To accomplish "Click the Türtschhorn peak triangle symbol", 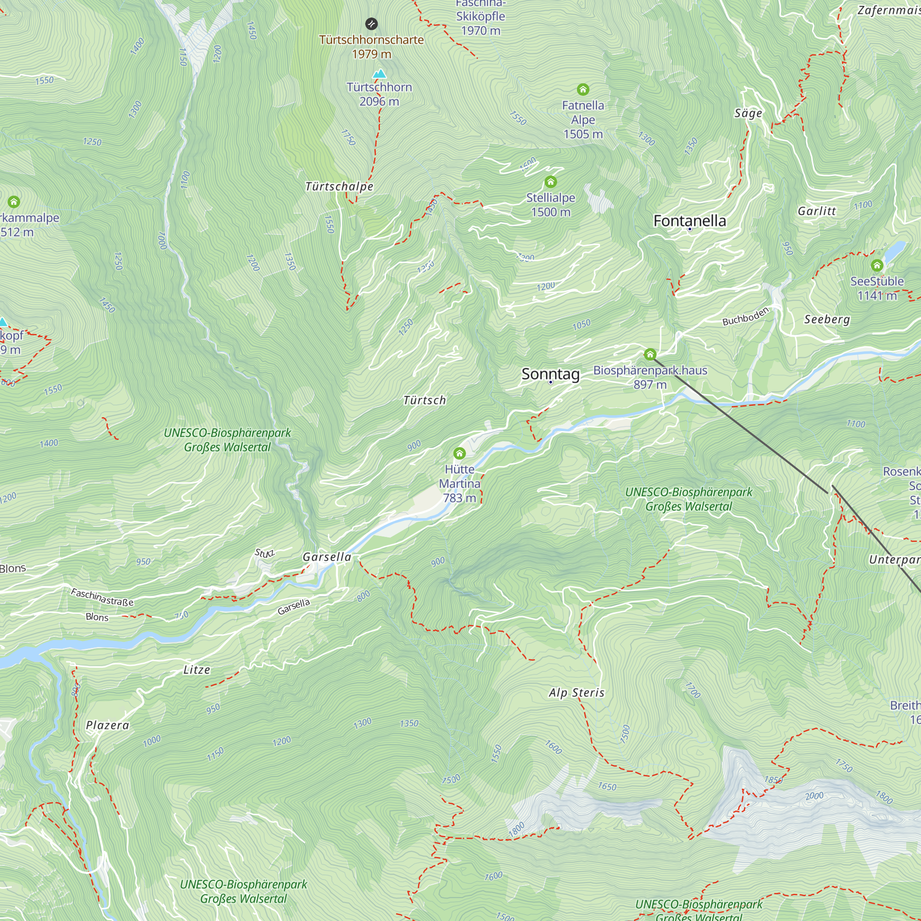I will tap(379, 73).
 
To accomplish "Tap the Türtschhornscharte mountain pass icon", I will tap(371, 23).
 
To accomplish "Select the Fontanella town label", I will tap(689, 221).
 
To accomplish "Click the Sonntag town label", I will tap(550, 374).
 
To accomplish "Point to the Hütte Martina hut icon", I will tap(459, 453).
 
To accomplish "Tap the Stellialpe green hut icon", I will tap(551, 181).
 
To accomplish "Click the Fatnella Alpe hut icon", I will tap(583, 89).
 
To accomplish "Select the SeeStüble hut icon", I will tap(877, 265).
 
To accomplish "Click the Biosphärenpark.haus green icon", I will tap(650, 354).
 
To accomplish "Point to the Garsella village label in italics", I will tap(327, 557).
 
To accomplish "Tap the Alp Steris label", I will tap(577, 693).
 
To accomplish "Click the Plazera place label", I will tap(108, 725).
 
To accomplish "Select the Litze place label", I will tap(197, 670).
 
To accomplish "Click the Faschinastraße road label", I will tap(102, 597).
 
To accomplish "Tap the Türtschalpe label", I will tap(339, 187).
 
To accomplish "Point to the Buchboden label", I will tap(745, 316).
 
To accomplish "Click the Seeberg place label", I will tap(827, 319).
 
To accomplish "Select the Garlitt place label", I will tap(816, 211).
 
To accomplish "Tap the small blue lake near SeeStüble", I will tap(895, 249).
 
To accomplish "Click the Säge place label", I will tap(748, 113).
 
